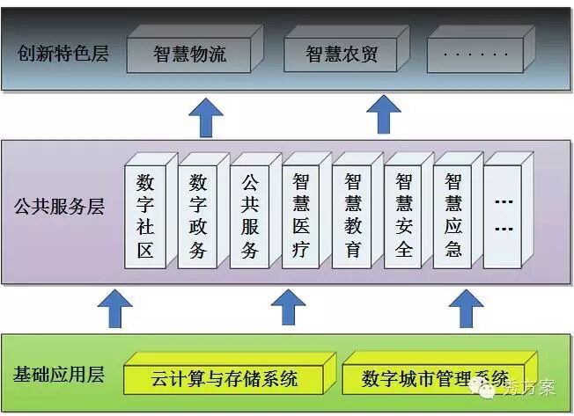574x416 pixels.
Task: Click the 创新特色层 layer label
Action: (63, 53)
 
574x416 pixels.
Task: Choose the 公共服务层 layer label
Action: (59, 208)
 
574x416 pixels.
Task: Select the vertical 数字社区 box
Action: (145, 215)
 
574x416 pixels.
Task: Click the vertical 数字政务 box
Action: (198, 215)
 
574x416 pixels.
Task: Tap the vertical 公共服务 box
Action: (250, 215)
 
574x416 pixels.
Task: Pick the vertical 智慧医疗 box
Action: (301, 215)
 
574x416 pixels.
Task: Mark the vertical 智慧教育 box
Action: (352, 215)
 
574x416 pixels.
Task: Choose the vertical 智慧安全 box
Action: (403, 215)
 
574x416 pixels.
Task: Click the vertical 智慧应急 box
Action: (453, 215)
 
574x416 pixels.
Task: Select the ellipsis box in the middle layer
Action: (504, 215)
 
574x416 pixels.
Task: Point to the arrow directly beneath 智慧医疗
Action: (287, 308)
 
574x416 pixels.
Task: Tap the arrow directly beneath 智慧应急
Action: (464, 308)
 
